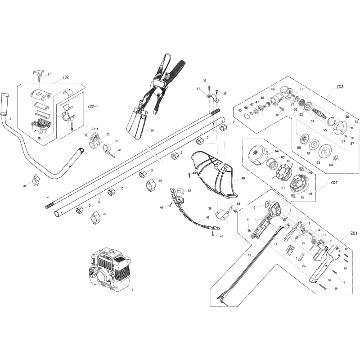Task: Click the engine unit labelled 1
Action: click(x=108, y=270)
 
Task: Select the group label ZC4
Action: click(x=333, y=183)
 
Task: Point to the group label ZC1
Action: click(x=353, y=234)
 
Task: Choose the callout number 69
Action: click(x=310, y=194)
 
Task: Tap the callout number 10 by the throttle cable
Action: click(x=249, y=255)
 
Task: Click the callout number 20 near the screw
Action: click(x=336, y=288)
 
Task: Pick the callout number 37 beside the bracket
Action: click(x=198, y=89)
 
